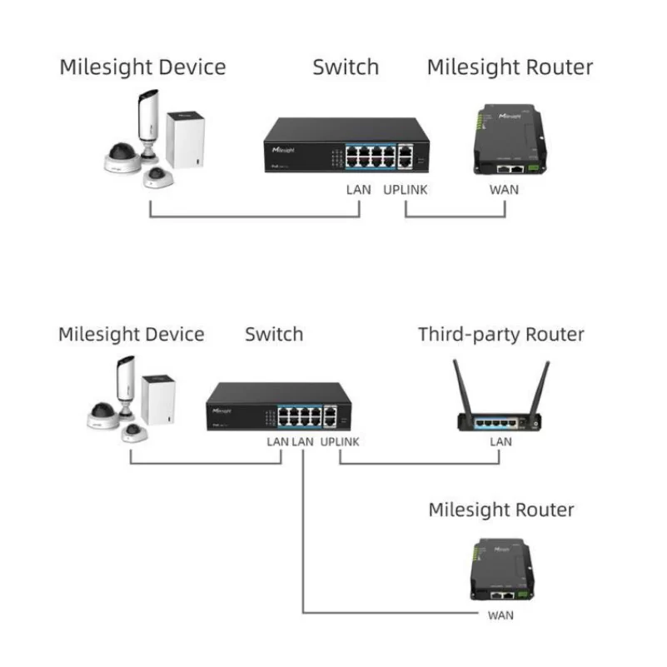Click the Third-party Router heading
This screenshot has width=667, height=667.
[x=500, y=335]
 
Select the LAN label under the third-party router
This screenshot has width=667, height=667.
[x=500, y=441]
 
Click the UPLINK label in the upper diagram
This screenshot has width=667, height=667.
[x=406, y=190]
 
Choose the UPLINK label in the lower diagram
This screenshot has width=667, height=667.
[x=340, y=441]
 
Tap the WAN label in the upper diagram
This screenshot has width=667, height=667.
[x=504, y=190]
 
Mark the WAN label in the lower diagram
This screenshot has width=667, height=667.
[x=500, y=615]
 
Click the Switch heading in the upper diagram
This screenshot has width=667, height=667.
[x=346, y=67]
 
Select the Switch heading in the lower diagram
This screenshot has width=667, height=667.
[x=274, y=335]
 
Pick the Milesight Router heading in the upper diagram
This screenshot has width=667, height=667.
[x=510, y=67]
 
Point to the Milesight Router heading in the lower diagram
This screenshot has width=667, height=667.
[x=501, y=510]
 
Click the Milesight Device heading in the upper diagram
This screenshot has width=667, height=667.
[x=142, y=67]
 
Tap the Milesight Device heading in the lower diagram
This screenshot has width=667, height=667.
[x=131, y=335]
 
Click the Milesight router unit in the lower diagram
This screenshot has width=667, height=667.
[x=500, y=570]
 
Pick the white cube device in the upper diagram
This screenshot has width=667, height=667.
[x=185, y=139]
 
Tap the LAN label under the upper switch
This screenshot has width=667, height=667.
[x=358, y=190]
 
